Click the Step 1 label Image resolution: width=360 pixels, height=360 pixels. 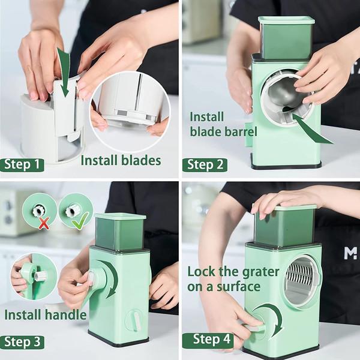point(22,164)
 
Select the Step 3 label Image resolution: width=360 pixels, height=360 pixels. point(23,342)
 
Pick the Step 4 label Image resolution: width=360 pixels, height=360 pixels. point(210,340)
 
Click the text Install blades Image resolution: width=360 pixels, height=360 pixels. point(121,160)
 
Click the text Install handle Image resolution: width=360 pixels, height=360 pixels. point(46,314)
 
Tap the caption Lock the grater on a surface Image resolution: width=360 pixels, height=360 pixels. point(233,278)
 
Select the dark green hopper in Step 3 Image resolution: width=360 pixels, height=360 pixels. point(120,231)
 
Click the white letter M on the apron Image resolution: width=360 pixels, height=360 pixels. point(350,253)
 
